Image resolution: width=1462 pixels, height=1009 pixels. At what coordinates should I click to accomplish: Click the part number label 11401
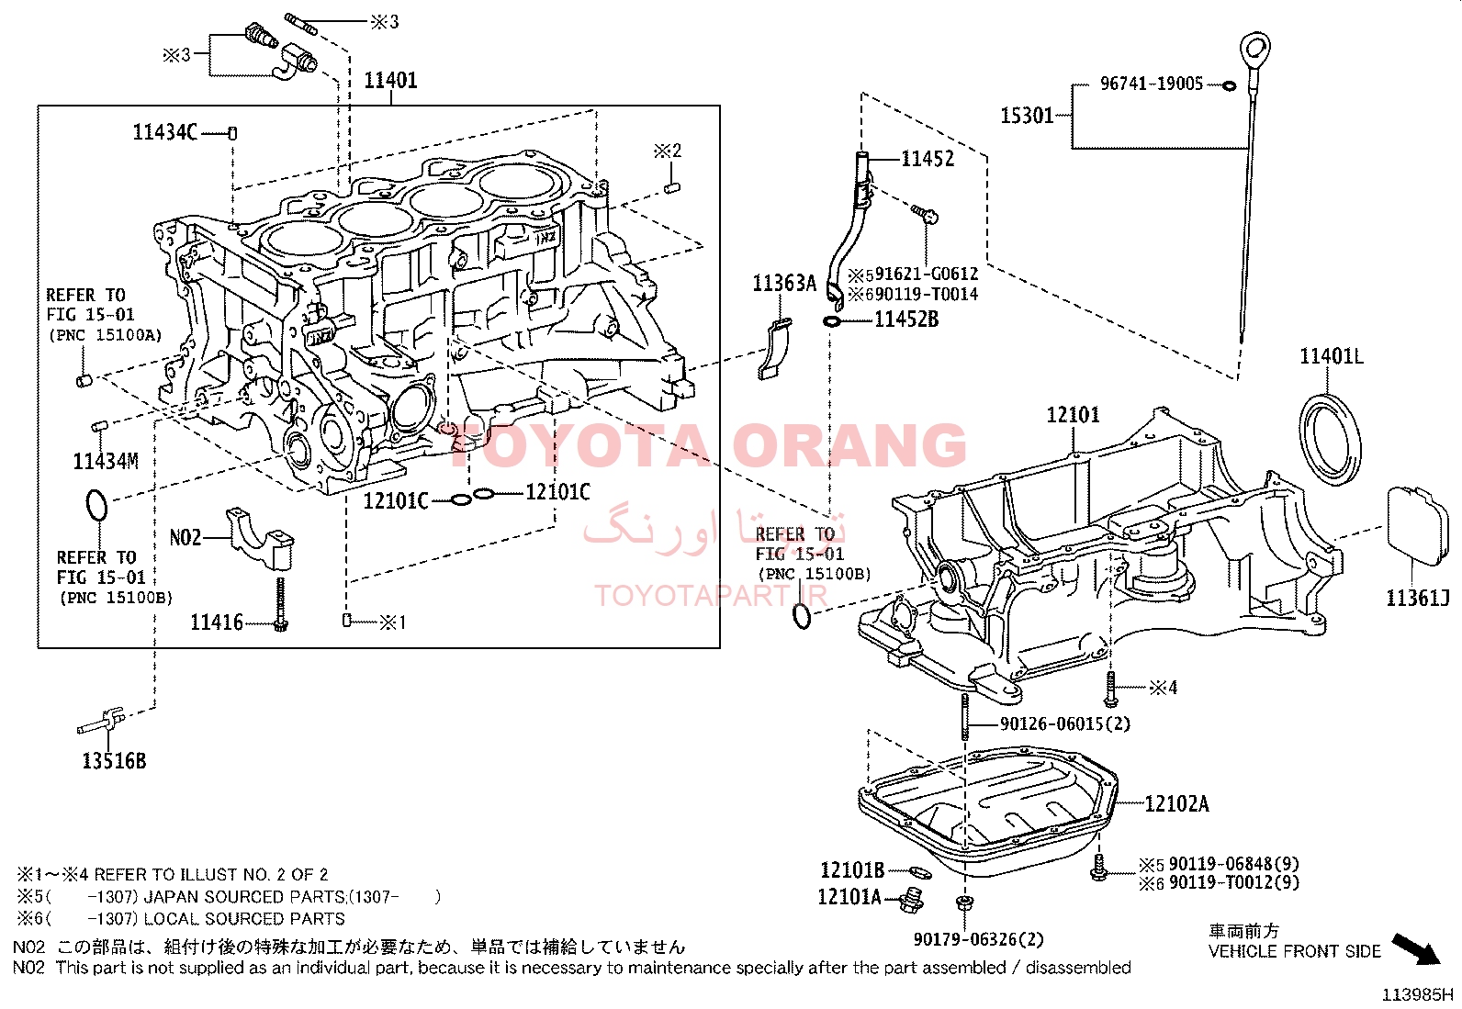click(390, 81)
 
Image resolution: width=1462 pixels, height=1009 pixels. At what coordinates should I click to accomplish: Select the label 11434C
click(164, 133)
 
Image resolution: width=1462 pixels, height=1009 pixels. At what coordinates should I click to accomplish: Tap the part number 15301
click(1026, 116)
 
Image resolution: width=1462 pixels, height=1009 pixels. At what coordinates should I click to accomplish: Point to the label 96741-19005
click(1151, 84)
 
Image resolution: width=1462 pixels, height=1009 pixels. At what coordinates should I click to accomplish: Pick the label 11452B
click(905, 320)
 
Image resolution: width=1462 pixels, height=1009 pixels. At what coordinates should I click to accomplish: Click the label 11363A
click(783, 284)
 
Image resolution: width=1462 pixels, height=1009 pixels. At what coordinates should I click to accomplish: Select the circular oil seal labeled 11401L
click(1330, 438)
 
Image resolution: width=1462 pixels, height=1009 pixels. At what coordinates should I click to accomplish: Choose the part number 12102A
click(1176, 805)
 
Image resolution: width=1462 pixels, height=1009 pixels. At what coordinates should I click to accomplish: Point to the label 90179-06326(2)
click(978, 939)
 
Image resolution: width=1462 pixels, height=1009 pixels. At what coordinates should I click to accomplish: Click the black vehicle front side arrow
click(1416, 949)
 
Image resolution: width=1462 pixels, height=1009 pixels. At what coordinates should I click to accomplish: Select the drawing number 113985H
click(1418, 995)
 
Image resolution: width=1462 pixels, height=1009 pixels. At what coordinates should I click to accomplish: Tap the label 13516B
click(114, 761)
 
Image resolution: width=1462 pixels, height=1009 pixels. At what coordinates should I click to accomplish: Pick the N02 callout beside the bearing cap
click(186, 537)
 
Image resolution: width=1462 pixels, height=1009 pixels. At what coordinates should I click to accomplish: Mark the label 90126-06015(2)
click(1064, 724)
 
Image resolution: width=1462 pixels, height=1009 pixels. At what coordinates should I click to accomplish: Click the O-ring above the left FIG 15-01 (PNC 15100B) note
click(96, 506)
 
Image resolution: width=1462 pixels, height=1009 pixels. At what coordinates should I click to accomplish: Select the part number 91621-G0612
click(926, 275)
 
